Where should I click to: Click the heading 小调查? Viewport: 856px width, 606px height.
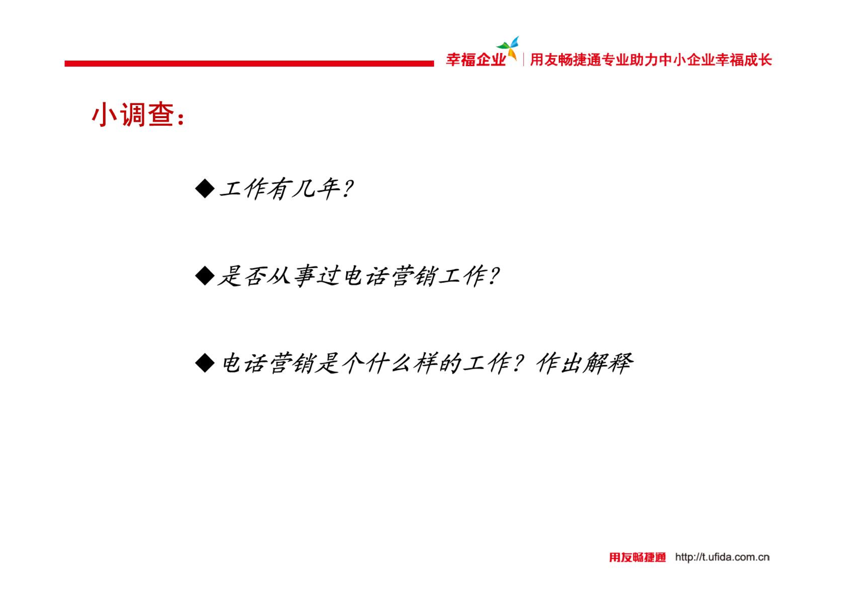(x=133, y=114)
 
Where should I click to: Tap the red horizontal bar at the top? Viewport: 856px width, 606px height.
(x=249, y=63)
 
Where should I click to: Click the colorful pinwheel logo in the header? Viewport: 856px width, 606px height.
(x=509, y=47)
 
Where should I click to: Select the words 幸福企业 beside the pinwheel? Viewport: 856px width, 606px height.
(x=475, y=60)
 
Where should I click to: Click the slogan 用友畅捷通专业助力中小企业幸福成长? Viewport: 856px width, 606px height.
(x=651, y=60)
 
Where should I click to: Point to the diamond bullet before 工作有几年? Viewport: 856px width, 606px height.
(x=205, y=188)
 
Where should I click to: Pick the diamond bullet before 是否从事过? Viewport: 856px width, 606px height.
(x=205, y=275)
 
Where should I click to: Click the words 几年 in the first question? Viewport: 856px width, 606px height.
(x=315, y=189)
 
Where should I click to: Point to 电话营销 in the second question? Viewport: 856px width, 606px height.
(x=390, y=276)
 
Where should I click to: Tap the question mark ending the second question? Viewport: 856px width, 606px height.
(x=493, y=276)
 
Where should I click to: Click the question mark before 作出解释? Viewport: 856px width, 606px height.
(x=518, y=363)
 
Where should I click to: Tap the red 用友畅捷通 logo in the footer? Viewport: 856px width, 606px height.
(x=637, y=557)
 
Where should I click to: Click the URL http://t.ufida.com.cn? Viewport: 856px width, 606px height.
(x=722, y=557)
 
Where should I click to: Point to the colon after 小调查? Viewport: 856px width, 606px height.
(x=181, y=118)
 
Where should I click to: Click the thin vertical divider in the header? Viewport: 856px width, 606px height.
(x=524, y=60)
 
